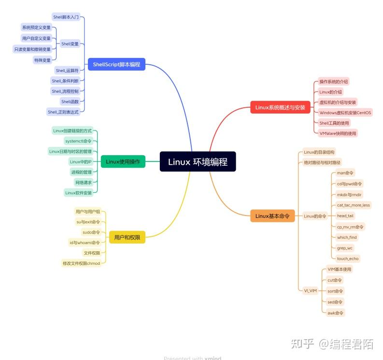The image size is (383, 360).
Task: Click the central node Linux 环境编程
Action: click(198, 162)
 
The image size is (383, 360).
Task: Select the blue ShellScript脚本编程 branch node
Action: click(116, 64)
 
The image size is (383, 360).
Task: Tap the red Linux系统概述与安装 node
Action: click(280, 107)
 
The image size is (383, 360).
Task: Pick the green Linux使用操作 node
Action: click(123, 162)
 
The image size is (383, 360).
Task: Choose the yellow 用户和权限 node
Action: click(127, 237)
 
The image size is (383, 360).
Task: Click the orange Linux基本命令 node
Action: click(272, 216)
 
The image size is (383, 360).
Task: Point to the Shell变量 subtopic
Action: click(70, 44)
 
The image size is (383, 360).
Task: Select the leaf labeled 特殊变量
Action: click(42, 60)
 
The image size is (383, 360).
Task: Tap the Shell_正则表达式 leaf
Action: click(63, 112)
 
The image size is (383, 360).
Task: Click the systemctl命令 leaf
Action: click(78, 141)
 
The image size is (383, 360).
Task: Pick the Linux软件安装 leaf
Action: click(78, 193)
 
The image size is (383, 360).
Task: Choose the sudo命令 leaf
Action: click(91, 232)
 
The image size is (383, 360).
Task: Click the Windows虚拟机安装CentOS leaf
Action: click(345, 113)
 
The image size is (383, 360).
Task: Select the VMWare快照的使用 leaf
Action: click(338, 133)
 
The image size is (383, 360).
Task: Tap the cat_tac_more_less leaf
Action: click(353, 205)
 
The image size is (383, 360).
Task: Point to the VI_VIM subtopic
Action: click(310, 291)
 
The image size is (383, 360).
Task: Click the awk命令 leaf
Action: click(335, 313)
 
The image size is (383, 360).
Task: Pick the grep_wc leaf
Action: click(345, 248)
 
